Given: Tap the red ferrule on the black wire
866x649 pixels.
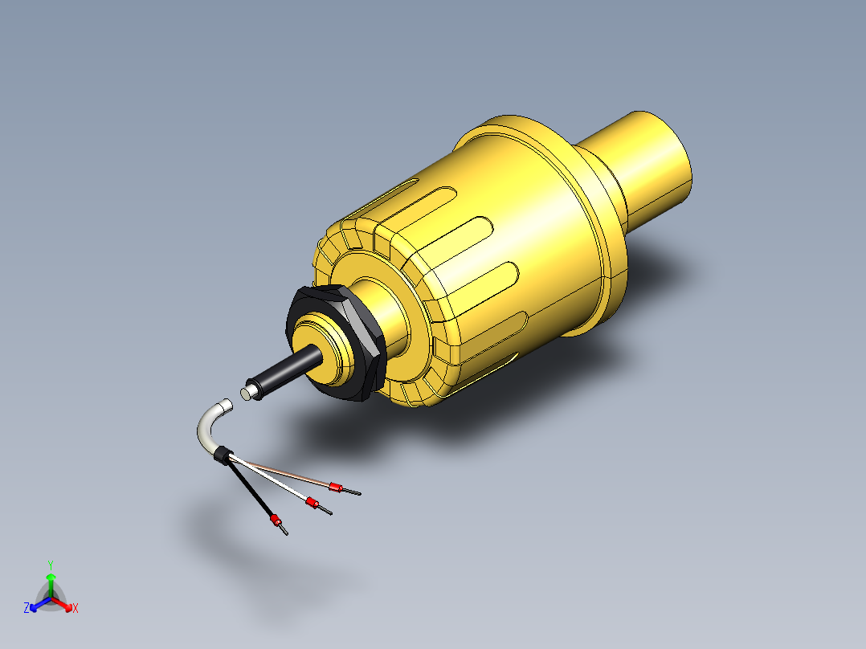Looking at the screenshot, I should pyautogui.click(x=275, y=520).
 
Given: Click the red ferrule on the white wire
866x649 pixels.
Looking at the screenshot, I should pyautogui.click(x=310, y=503).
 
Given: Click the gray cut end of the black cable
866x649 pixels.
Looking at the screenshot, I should pyautogui.click(x=246, y=393).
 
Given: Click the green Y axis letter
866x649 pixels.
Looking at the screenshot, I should pyautogui.click(x=50, y=565).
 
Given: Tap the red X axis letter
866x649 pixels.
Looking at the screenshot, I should pyautogui.click(x=76, y=609).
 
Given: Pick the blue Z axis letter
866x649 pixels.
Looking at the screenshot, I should pyautogui.click(x=27, y=609).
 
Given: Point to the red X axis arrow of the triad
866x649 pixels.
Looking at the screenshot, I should pyautogui.click(x=64, y=603).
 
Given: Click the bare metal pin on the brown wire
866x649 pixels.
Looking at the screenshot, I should pyautogui.click(x=353, y=492).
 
